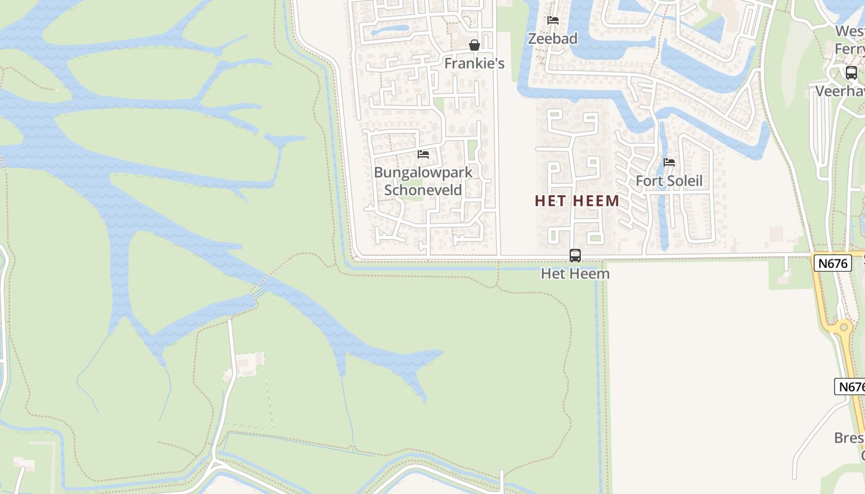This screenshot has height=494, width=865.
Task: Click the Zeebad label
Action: coord(552,38)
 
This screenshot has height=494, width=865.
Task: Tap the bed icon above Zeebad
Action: coord(553,20)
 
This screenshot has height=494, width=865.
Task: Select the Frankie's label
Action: coord(475,63)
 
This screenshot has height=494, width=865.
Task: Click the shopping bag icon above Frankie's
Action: coord(475,45)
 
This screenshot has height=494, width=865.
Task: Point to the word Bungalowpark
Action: coord(423,172)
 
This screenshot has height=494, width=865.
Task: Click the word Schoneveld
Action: coord(423,190)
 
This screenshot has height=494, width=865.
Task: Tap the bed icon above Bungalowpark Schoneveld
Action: coord(423,154)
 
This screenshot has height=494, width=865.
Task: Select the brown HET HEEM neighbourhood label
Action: coord(577,201)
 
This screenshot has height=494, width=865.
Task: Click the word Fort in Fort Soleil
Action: coord(649,181)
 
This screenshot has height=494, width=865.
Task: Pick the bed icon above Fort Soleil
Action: coord(669,163)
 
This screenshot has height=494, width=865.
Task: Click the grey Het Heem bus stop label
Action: coord(575,273)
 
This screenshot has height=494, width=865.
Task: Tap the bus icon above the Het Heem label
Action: coord(575,255)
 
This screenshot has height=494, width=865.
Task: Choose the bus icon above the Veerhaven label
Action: coord(851,73)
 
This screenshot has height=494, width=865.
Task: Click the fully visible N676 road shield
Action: coord(832,263)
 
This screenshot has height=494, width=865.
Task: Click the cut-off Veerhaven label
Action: coord(840,91)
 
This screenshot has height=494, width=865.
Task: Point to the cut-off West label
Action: coord(850,31)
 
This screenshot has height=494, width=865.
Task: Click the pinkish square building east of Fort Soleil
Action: coord(776,234)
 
